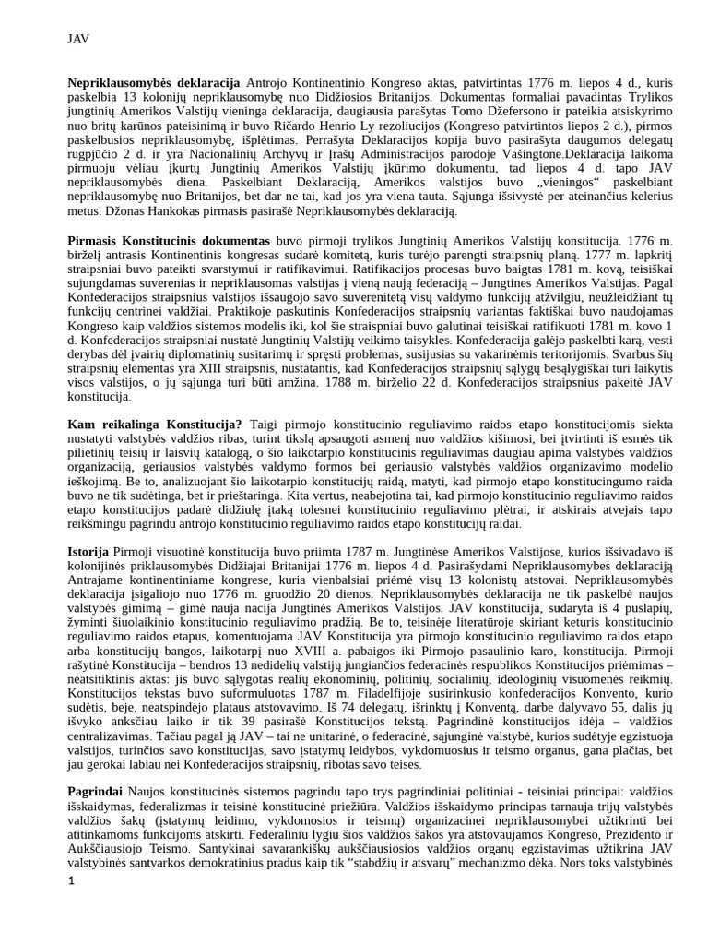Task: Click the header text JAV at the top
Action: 78,39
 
